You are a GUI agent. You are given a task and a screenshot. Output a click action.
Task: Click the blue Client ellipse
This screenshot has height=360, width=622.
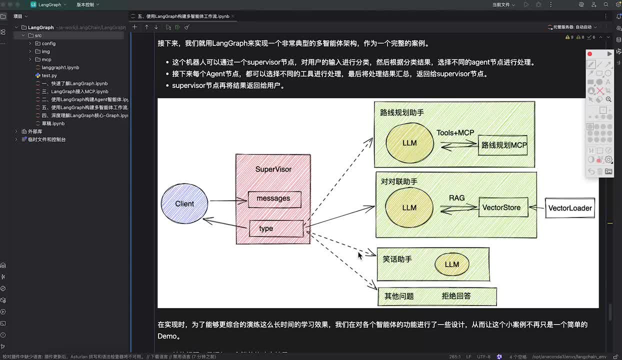tap(184, 203)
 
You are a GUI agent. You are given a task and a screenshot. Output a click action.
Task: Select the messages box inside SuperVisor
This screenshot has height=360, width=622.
tap(274, 199)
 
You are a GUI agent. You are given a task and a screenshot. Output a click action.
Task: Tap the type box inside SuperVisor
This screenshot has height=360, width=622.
tap(276, 228)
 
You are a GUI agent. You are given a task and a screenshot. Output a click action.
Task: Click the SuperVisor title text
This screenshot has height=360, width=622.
tap(273, 169)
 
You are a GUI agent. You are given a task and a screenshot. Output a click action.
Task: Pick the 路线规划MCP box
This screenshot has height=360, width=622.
tap(503, 145)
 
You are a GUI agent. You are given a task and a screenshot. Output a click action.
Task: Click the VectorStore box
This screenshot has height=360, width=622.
tap(503, 207)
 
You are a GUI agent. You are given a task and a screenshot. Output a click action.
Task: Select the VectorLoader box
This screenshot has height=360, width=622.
tap(570, 208)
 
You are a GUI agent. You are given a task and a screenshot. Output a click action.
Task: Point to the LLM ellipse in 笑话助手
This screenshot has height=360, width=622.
tap(451, 264)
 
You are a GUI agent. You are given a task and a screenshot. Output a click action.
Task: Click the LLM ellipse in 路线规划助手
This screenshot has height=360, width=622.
tap(409, 143)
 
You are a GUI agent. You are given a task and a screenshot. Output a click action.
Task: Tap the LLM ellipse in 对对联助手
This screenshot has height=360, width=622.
tap(409, 207)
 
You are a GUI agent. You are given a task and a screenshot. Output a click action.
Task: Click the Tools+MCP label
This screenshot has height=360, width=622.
tap(455, 132)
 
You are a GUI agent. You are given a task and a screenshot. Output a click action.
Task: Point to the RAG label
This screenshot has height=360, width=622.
tap(456, 198)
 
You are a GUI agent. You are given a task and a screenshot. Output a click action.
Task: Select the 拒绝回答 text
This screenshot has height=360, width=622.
tap(456, 296)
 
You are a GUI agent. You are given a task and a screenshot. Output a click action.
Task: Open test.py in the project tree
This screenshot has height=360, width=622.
tap(49, 75)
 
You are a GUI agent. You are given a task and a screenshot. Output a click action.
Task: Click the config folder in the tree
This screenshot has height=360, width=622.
tap(48, 43)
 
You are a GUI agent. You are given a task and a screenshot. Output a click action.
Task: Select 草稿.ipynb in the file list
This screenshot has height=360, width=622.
tap(53, 123)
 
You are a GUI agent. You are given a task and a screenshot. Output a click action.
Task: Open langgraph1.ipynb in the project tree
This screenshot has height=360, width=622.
tap(60, 67)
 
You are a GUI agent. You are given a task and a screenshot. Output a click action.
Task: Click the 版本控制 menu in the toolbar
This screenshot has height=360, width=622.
tap(87, 4)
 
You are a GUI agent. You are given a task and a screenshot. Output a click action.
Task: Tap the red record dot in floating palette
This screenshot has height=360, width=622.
tap(590, 54)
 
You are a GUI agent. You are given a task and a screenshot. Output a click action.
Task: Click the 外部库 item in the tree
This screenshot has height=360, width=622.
tap(35, 131)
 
